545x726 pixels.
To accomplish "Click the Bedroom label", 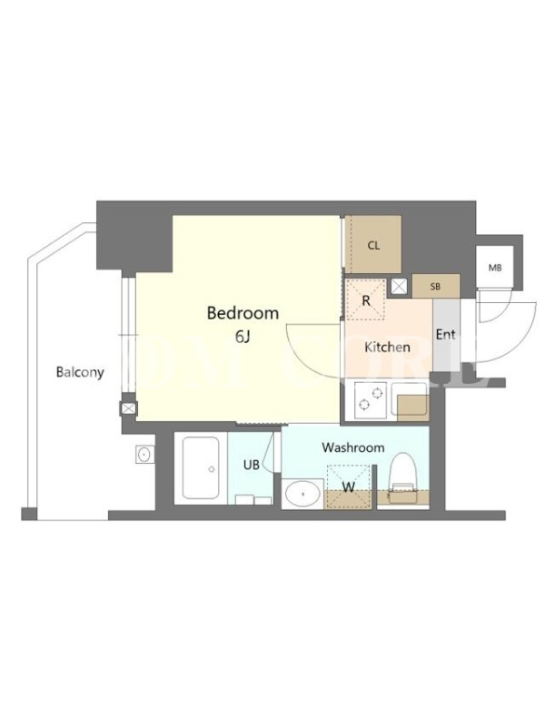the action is point(243,313).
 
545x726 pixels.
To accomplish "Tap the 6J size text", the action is point(243,337).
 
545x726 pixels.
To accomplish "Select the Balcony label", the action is point(80,372).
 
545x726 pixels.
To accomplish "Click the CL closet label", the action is point(373,246).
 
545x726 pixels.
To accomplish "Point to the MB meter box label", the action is point(495,268).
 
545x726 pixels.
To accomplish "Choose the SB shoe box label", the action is point(435,287).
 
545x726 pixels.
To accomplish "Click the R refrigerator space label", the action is point(366,301).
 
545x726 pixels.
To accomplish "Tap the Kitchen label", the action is point(388,347).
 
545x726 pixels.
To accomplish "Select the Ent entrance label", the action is point(446,334).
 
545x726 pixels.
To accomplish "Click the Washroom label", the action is point(353,447).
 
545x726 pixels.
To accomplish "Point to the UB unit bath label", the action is point(252,465).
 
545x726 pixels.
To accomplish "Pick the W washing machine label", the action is point(349,486).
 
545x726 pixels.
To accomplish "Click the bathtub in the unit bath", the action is point(201,467).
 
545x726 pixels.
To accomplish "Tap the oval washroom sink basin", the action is point(303,494).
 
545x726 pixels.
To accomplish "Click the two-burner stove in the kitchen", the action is point(372,400).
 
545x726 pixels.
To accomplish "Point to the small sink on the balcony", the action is point(144,455).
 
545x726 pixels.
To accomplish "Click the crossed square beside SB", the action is point(399,287).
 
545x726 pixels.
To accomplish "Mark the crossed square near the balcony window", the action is point(128,408).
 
